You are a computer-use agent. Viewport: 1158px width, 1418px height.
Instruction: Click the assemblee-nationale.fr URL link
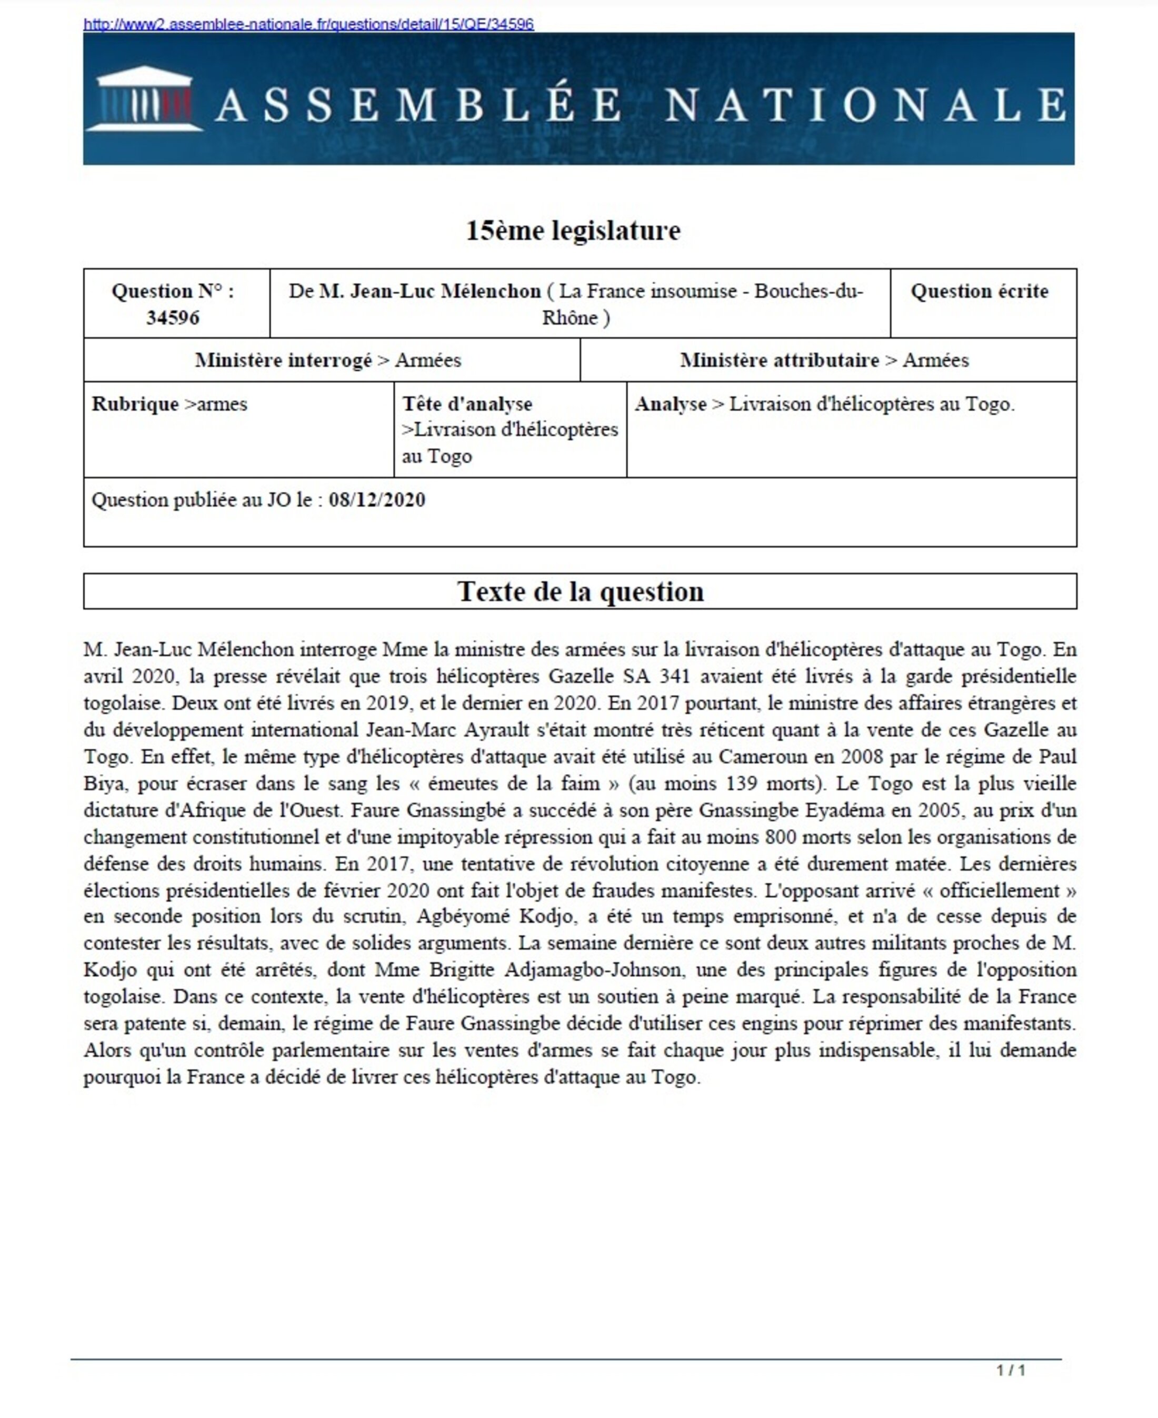point(308,25)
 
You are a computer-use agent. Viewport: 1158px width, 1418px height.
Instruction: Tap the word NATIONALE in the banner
point(865,105)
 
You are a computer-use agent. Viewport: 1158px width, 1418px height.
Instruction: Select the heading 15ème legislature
point(573,231)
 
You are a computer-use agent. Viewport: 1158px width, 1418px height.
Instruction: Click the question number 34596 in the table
point(173,318)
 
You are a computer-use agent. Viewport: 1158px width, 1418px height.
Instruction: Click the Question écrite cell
point(979,292)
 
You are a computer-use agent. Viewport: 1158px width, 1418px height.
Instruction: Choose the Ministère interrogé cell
point(328,360)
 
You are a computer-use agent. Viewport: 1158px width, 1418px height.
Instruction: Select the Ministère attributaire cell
point(824,360)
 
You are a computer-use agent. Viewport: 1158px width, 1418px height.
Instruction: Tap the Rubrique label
point(135,404)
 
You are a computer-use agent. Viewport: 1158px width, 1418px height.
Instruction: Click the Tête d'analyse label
point(467,404)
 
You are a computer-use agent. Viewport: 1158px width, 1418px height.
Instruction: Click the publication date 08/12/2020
point(377,500)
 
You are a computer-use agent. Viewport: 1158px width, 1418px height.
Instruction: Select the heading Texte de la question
point(580,592)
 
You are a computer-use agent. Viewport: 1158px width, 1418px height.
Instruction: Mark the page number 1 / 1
point(1011,1371)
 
